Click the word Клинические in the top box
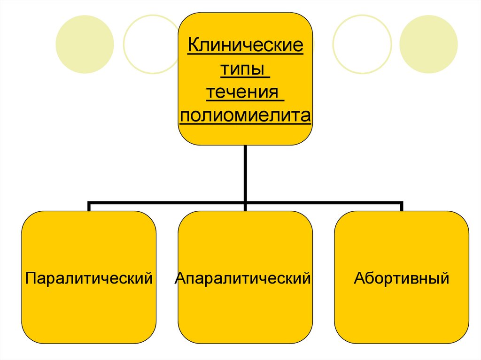pos(245,47)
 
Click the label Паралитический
pos(89,278)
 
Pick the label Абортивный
pos(402,278)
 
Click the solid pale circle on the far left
pos(85,44)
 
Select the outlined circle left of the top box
pos(152,44)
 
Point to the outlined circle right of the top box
pos(362,44)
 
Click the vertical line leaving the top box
pos(245,174)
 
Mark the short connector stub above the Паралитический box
pos(89,207)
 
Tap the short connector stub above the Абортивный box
pos(402,207)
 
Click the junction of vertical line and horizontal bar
pos(245,203)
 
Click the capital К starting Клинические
pos(193,47)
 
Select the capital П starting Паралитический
pos(31,278)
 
